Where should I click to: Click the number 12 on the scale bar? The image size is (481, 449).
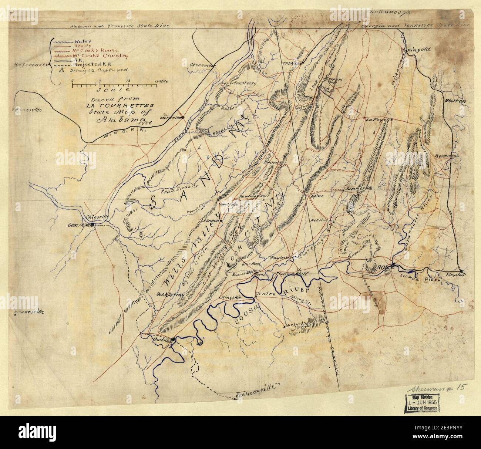128,80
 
